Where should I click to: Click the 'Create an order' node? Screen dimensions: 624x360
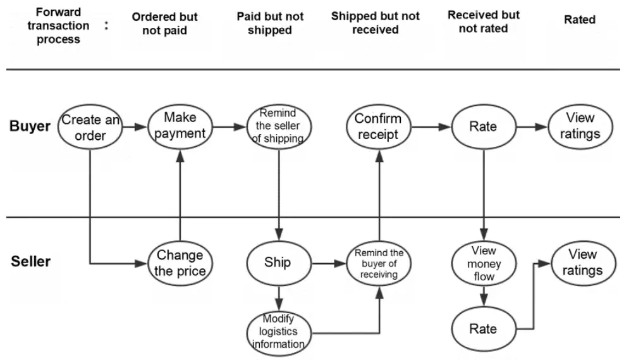90,127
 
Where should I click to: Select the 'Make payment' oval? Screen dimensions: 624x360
180,127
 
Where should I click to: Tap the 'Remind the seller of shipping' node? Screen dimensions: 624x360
279,127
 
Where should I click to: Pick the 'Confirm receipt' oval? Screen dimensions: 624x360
378,127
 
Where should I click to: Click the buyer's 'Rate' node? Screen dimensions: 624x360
484,127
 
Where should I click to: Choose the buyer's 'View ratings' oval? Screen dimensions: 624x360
580,127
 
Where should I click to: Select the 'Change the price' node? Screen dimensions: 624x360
180,263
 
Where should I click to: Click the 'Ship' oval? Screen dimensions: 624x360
279,263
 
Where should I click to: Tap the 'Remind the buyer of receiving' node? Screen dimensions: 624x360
379,263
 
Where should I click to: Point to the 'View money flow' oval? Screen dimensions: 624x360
484,263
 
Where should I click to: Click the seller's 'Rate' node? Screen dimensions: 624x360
484,329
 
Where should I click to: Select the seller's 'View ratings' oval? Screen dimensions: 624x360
583,263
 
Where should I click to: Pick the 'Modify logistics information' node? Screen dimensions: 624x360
279,332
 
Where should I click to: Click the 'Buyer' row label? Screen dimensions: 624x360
30,126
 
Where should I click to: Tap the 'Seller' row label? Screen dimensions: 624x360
30,262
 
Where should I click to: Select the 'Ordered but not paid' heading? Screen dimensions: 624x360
165,23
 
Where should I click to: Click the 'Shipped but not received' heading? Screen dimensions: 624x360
376,23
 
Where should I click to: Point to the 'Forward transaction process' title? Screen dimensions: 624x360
58,25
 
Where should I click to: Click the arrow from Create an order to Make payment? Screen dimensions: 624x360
135,127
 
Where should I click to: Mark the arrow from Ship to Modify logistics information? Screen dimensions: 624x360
279,298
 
